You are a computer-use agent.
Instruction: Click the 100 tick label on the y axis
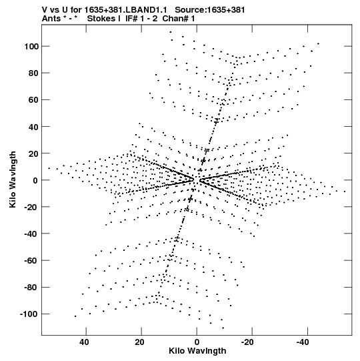31,47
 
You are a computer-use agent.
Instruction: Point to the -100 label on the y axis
29,314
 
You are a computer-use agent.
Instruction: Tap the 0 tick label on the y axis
35,180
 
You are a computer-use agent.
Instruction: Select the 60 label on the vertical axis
33,100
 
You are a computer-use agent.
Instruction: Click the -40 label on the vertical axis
31,234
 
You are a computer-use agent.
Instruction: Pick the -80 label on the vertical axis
31,288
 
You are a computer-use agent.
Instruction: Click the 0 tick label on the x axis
197,342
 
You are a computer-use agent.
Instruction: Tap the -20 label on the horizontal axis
247,342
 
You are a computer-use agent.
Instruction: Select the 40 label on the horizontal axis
84,342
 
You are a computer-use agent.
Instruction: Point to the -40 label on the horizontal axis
303,342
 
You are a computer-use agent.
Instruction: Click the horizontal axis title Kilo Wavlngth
197,351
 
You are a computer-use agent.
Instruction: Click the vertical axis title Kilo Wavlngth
13,179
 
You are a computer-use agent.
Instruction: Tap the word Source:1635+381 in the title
210,10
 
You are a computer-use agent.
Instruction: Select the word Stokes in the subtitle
101,19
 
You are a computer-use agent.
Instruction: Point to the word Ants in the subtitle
51,19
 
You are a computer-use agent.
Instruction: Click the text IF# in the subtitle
131,19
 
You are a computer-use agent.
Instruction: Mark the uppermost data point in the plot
171,32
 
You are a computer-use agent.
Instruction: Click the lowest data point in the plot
223,328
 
